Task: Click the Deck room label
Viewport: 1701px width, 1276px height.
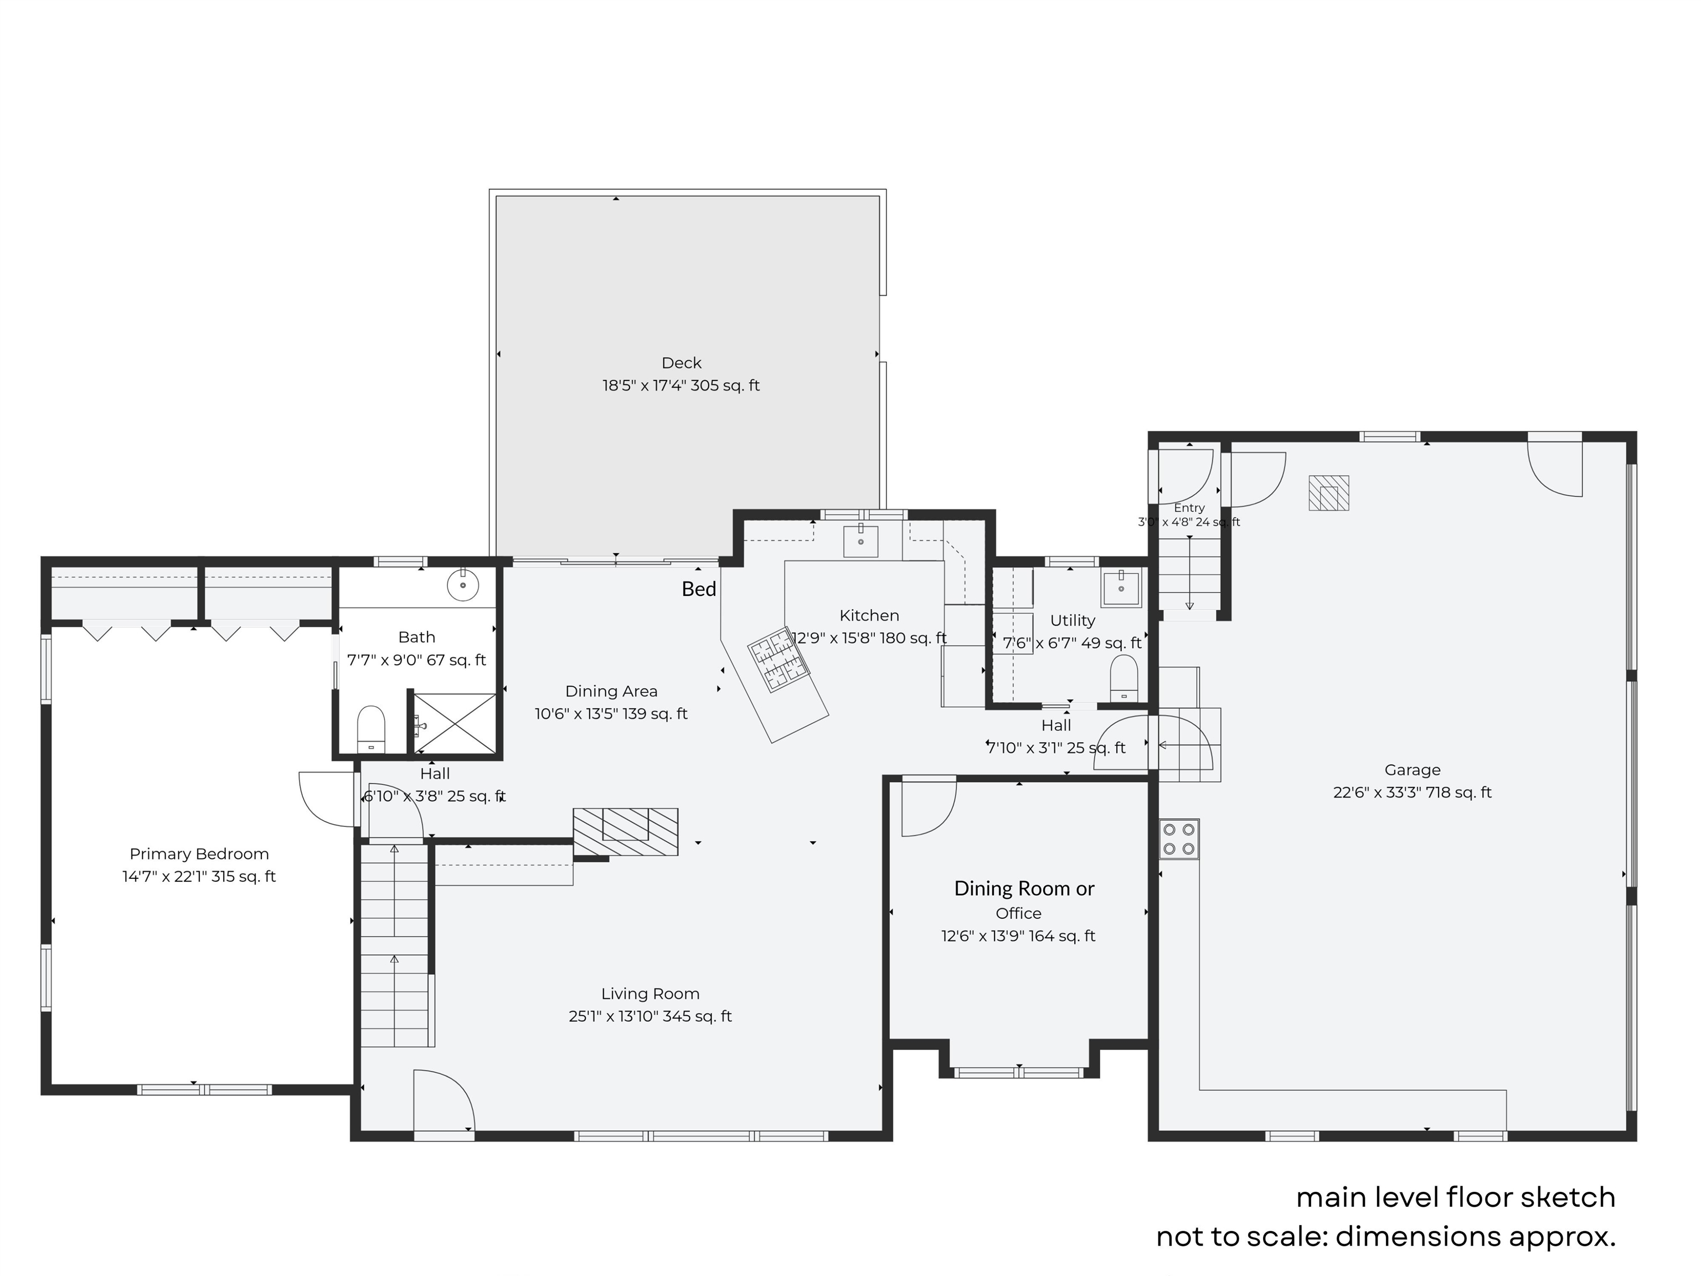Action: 681,362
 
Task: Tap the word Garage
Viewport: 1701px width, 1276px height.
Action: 1413,769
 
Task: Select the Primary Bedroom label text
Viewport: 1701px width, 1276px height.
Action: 199,854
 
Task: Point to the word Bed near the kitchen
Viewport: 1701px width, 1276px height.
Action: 699,589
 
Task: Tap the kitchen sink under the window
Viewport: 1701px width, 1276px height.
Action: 861,541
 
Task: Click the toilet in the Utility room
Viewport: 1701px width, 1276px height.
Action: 1124,678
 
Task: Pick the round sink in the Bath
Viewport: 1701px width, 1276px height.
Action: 463,584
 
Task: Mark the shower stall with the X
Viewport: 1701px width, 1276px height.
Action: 455,724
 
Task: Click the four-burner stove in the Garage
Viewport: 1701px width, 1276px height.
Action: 1179,838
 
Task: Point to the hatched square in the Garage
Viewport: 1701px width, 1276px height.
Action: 1329,493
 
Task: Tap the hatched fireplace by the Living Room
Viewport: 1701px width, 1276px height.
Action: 625,831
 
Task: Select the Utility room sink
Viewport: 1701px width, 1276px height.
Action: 1121,588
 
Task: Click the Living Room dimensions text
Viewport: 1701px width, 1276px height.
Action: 650,1016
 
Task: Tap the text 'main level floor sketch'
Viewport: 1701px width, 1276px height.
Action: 1456,1197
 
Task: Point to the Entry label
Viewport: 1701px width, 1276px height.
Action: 1189,508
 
